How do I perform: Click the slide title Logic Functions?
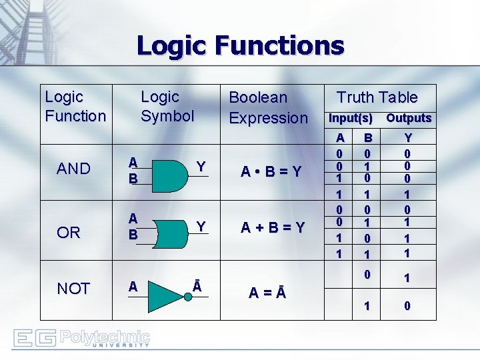pyautogui.click(x=240, y=46)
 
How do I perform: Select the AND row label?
pyautogui.click(x=73, y=169)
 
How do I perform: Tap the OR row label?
pyautogui.click(x=69, y=233)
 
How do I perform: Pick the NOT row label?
pyautogui.click(x=73, y=289)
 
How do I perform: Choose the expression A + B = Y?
pyautogui.click(x=272, y=228)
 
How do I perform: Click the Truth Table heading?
pyautogui.click(x=377, y=97)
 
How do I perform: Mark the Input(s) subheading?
pyautogui.click(x=349, y=118)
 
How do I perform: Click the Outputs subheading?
pyautogui.click(x=409, y=118)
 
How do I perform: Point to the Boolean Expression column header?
pyautogui.click(x=268, y=107)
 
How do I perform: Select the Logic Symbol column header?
pyautogui.click(x=167, y=107)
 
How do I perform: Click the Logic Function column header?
pyautogui.click(x=75, y=107)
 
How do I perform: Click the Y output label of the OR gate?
pyautogui.click(x=200, y=227)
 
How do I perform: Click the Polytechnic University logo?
pyautogui.click(x=82, y=339)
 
